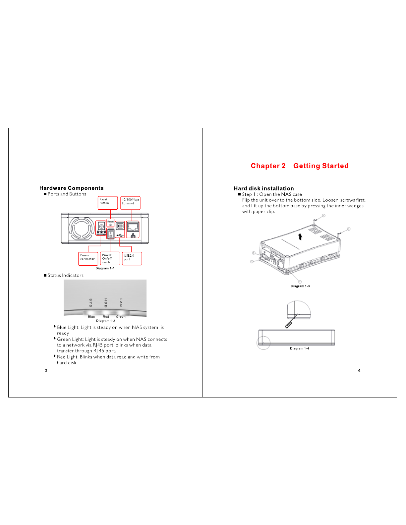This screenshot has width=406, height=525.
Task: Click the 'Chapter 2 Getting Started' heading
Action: pos(299,166)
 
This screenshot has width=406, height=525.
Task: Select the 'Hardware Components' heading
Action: pos(71,188)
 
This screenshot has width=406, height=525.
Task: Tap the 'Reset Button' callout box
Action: pos(108,203)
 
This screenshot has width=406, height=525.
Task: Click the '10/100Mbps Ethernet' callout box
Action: pos(130,203)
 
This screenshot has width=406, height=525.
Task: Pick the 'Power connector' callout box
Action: pos(88,258)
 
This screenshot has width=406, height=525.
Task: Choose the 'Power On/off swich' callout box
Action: pos(110,258)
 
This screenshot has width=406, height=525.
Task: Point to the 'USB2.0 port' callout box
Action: pos(132,258)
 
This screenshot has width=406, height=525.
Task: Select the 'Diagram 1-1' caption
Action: pos(105,268)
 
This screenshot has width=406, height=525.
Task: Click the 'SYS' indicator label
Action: pos(91,302)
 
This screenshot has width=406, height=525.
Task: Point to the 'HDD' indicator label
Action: pos(106,302)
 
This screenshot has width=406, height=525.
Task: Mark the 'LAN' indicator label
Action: pos(121,302)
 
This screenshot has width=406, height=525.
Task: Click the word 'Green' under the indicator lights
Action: pos(121,317)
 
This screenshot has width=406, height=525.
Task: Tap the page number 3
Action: pos(46,371)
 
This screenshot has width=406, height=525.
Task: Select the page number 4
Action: pos(359,371)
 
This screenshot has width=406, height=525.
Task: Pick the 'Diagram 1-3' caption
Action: pos(300,286)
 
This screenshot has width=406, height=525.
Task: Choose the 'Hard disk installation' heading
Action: pos(263,188)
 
